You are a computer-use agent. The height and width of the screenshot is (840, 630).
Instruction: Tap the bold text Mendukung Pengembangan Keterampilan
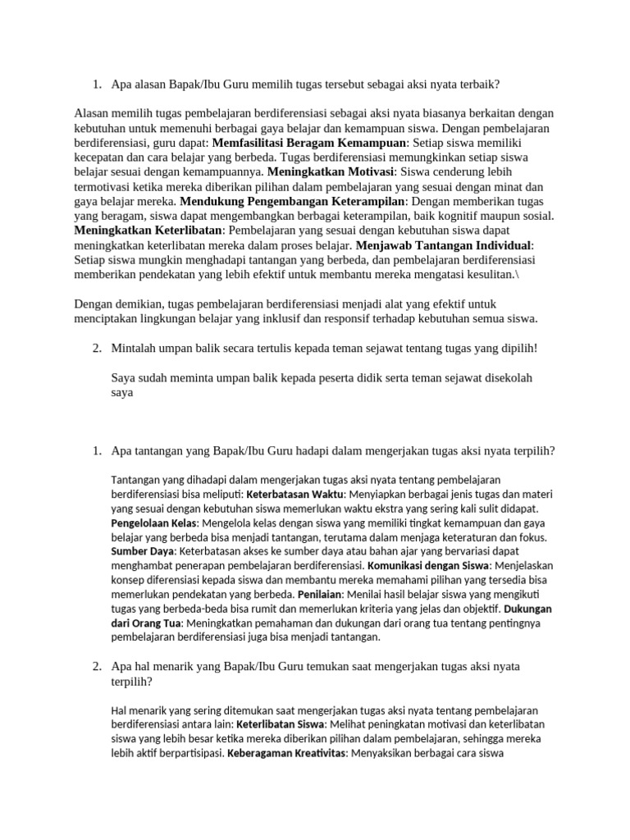[x=293, y=201]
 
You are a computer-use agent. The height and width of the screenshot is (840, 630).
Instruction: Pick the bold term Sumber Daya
[x=143, y=551]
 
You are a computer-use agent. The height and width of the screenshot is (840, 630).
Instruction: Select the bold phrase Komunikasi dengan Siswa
[x=427, y=566]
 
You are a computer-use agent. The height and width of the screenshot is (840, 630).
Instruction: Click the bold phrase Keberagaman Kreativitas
[x=286, y=752]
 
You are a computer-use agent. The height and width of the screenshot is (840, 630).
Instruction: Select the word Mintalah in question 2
[x=135, y=349]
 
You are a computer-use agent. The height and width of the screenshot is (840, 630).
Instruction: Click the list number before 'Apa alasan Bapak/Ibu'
[x=96, y=84]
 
